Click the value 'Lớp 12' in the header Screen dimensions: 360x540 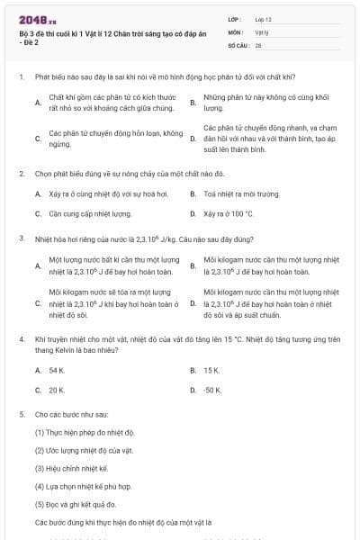[263, 18]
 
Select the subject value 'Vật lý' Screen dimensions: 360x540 [262, 31]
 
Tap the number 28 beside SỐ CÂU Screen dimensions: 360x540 [258, 43]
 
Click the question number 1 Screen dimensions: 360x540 [20, 77]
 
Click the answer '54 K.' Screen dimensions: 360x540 [57, 370]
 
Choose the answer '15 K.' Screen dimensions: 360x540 [211, 370]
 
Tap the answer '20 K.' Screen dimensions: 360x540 [57, 391]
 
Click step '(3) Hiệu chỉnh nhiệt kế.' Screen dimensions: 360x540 [71, 468]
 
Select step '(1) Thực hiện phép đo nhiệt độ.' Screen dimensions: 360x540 [85, 432]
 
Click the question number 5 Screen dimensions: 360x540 [20, 414]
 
